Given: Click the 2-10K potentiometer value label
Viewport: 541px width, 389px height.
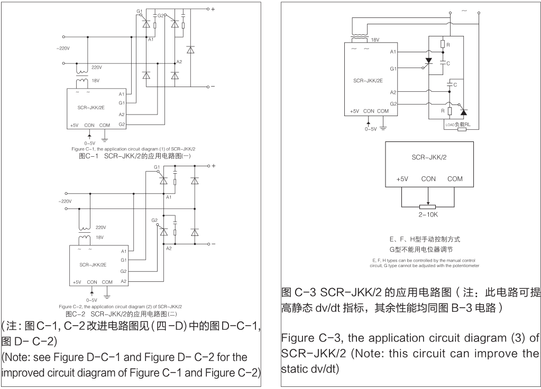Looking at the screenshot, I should pos(428,216).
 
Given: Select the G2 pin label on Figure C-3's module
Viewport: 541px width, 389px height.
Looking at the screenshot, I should pos(393,104).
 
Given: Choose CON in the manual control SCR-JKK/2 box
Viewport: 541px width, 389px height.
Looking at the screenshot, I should pos(428,179).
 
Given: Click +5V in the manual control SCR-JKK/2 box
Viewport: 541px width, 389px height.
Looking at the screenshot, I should pos(402,179).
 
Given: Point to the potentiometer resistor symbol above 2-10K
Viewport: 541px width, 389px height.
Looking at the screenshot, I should pos(428,206).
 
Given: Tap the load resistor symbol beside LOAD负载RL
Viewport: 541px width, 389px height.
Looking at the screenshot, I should pos(461,128).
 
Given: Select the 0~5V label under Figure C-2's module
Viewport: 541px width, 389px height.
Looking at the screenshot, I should pos(91,298).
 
